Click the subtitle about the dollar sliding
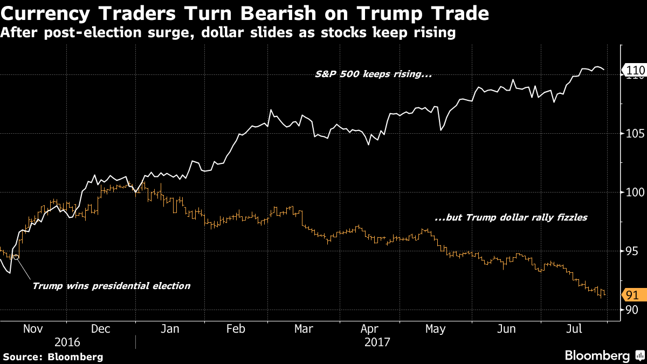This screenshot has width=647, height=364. pos(228,33)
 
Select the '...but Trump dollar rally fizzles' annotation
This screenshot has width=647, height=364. pos(511,218)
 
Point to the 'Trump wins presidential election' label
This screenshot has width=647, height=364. pos(111,286)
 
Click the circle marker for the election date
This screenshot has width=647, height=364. pos(16,257)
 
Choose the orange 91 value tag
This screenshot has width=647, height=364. pos(632,295)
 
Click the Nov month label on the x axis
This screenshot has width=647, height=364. pos(33,329)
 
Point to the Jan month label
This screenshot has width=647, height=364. pos(170,329)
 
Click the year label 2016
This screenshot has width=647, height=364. pos(67,342)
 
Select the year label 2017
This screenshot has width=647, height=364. pos(377,342)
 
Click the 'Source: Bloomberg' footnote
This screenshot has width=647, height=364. pos(53,356)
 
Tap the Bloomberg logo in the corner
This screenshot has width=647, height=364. pos(604,355)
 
